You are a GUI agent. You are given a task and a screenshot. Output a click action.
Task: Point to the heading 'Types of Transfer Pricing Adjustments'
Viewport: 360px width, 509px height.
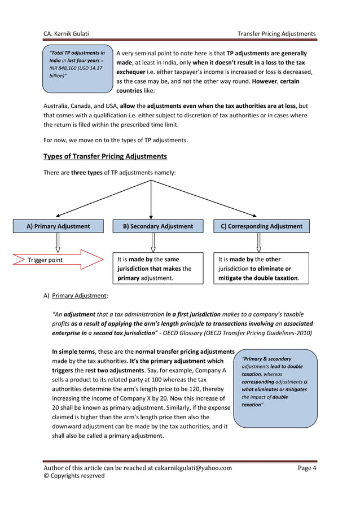coord(105,156)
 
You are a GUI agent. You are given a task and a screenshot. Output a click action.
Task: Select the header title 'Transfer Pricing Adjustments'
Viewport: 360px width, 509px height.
coord(276,34)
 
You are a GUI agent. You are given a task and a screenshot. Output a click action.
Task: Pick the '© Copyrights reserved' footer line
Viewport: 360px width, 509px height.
coord(74,476)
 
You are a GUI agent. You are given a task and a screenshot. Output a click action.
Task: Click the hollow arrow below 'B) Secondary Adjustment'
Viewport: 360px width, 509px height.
coord(153,242)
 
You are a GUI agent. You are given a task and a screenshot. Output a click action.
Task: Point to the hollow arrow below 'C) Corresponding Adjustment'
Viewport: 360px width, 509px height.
coord(258,242)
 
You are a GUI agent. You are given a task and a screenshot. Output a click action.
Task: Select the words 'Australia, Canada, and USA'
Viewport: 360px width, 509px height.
coord(82,106)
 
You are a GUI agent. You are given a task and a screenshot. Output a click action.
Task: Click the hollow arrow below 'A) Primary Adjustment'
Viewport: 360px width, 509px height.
coord(58,242)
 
